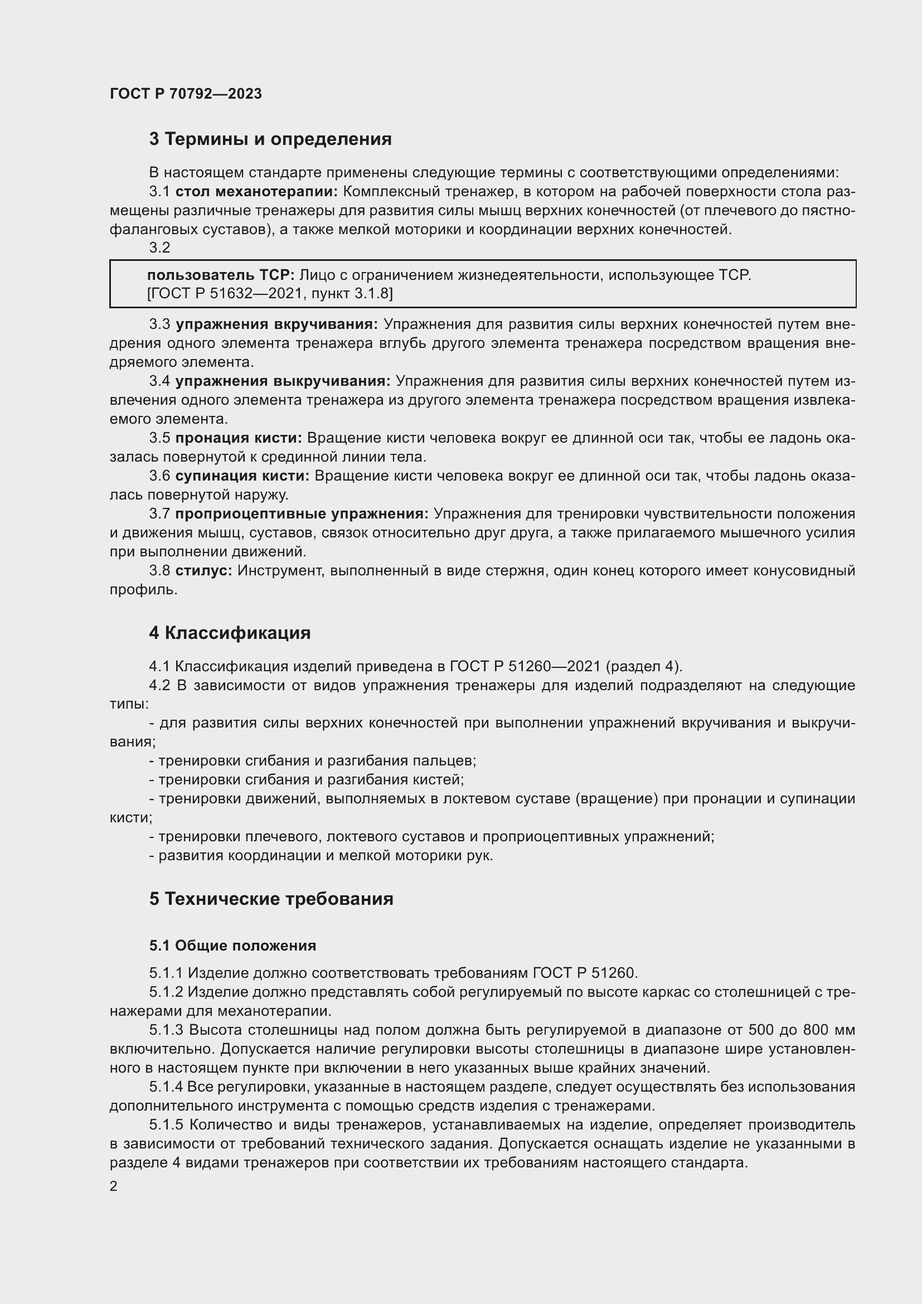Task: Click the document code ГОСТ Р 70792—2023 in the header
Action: click(x=186, y=94)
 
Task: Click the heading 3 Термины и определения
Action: click(x=270, y=139)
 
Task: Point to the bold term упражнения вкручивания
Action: click(x=276, y=324)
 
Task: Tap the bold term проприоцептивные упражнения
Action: click(x=302, y=514)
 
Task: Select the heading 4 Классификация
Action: click(x=230, y=633)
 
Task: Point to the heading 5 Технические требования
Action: click(x=271, y=899)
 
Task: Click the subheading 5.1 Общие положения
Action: click(x=233, y=946)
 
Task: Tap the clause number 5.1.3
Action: click(x=166, y=1030)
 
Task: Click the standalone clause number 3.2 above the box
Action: click(x=159, y=248)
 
